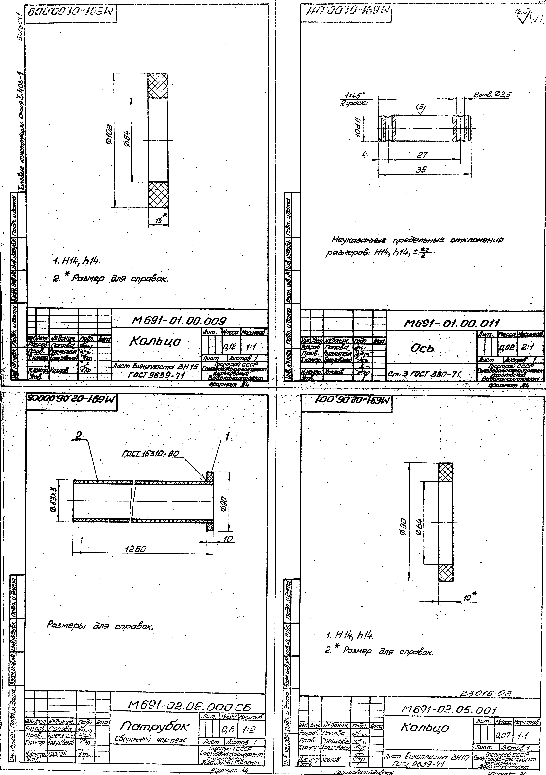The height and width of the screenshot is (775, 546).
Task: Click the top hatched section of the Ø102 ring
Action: (158, 86)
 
